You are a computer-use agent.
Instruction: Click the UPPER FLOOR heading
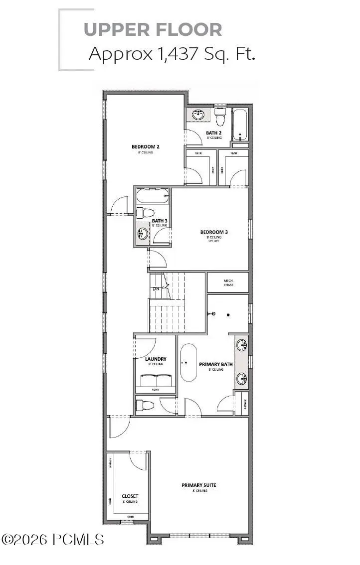point(153,29)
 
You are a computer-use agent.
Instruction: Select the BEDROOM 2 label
point(145,146)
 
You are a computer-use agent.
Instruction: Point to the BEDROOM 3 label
point(214,232)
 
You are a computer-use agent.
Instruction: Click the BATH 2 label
point(214,133)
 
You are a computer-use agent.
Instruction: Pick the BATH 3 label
point(159,221)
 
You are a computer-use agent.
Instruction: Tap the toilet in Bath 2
point(221,118)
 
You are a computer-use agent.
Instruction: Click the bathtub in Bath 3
point(153,196)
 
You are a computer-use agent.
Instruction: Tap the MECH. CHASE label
point(227,282)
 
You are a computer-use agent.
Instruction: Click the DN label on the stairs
point(156,288)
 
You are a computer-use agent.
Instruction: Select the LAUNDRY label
point(156,359)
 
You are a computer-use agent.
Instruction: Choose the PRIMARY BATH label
point(216,364)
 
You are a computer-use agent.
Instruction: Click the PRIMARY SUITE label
point(198,485)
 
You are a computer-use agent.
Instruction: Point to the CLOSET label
point(130,496)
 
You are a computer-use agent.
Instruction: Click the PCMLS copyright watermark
point(53,539)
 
